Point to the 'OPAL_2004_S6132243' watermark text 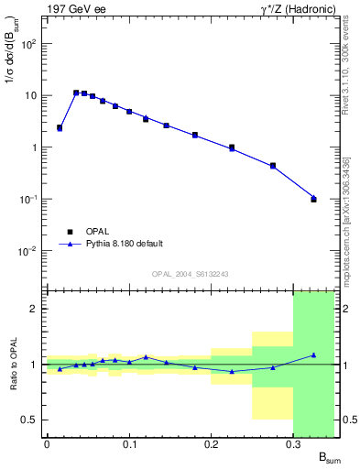pyautogui.click(x=191, y=273)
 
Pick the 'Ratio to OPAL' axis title pyautogui.click(x=14, y=364)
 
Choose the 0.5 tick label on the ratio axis pyautogui.click(x=29, y=420)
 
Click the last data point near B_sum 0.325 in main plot pyautogui.click(x=313, y=199)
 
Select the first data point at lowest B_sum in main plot pyautogui.click(x=60, y=128)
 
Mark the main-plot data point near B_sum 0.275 pyautogui.click(x=273, y=166)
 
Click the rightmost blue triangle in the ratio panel pyautogui.click(x=313, y=354)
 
